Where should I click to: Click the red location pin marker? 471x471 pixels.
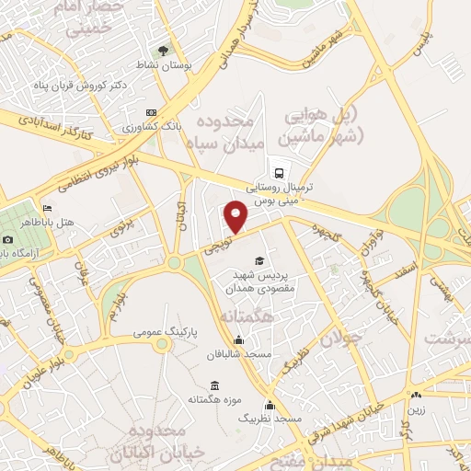coord(237,217)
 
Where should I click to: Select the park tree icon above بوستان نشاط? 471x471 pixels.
coord(163,50)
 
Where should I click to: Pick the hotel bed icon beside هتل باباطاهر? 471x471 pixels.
coord(47,209)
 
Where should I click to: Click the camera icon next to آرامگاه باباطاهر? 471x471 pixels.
coord(6,239)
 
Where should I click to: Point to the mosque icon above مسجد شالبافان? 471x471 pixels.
coord(238,339)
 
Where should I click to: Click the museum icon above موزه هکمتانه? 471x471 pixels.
coord(214,385)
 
